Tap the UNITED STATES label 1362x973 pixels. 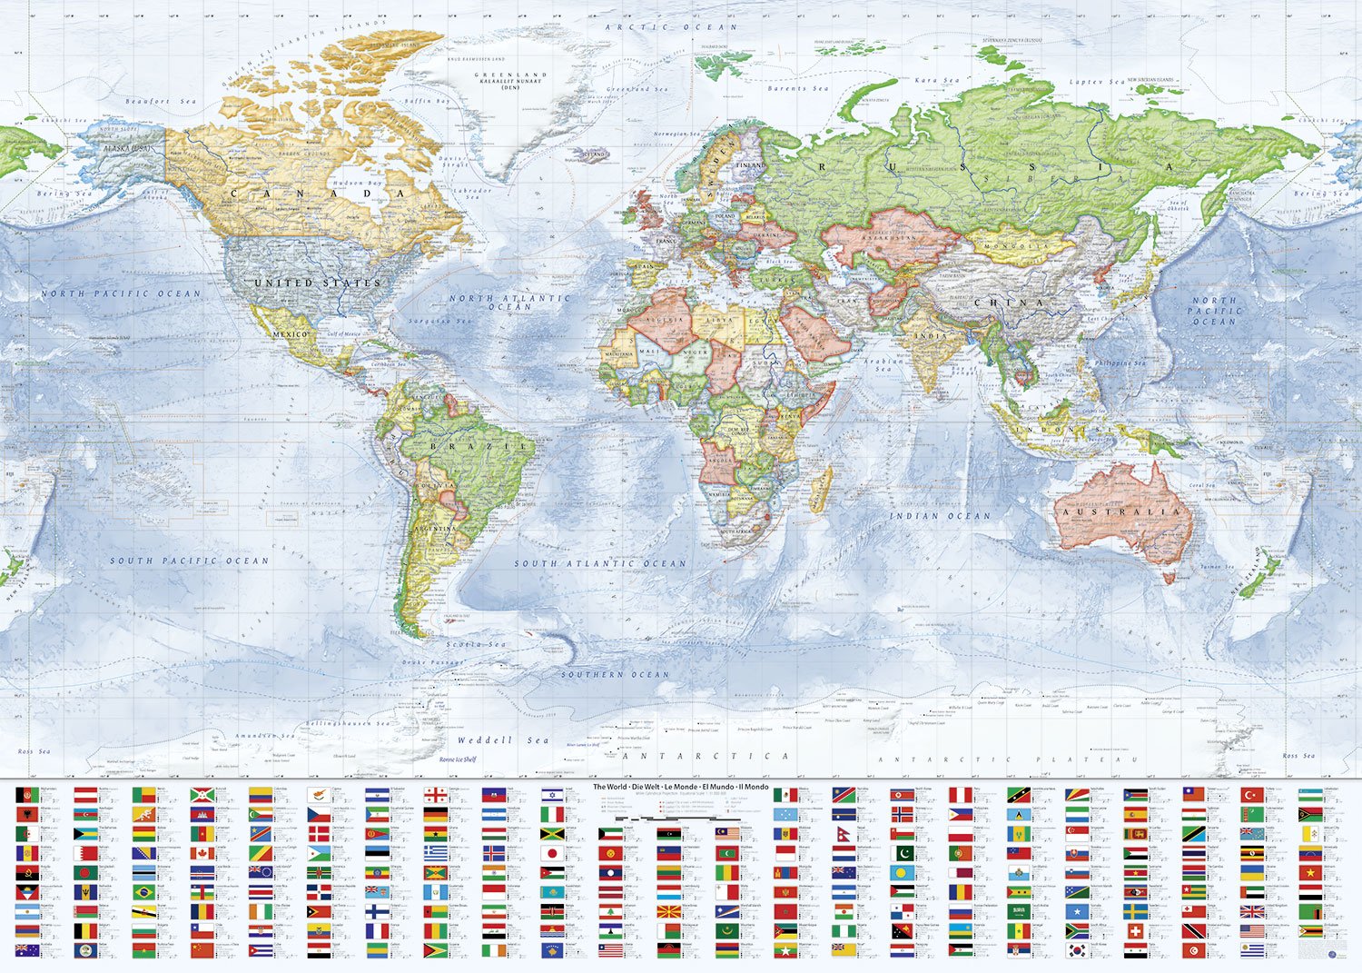[x=317, y=283]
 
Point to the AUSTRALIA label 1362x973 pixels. [x=1122, y=512]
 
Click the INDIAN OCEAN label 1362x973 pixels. [x=940, y=516]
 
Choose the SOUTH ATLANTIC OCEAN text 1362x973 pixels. [x=600, y=563]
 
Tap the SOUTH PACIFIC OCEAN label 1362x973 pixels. [x=190, y=561]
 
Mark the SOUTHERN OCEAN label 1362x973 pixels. [x=615, y=675]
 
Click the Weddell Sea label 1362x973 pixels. [x=503, y=740]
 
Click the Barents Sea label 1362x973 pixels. [x=798, y=89]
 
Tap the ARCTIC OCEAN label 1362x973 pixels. [x=672, y=27]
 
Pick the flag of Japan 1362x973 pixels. [x=553, y=854]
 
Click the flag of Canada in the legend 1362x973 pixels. [x=202, y=854]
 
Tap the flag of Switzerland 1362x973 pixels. [x=1134, y=931]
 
